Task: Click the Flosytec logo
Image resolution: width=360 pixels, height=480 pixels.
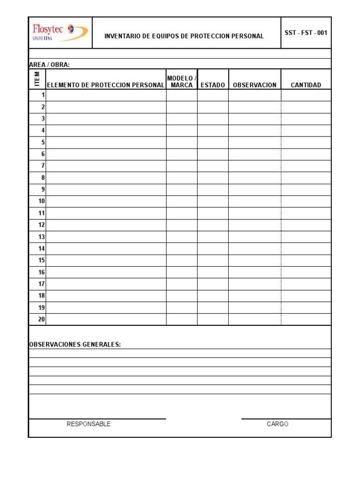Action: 59,32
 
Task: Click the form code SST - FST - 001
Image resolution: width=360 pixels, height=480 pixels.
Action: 306,33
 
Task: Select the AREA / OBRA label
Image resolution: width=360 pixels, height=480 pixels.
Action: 49,65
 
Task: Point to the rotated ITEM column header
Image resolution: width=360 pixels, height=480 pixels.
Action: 37,79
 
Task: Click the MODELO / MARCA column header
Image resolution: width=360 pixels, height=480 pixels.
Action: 182,81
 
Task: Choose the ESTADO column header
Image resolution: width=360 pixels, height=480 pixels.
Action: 213,85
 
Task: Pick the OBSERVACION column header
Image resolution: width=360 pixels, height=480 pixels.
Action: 255,85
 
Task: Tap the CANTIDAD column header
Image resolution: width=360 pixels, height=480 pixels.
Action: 306,85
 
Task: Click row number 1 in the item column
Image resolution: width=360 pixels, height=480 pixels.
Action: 43,95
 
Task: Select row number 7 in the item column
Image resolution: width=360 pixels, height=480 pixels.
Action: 43,166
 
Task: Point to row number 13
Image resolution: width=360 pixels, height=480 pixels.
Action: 42,237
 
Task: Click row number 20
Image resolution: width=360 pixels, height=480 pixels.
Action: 42,319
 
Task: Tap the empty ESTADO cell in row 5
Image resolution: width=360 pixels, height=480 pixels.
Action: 213,142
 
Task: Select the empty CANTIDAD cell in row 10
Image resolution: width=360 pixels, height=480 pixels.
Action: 306,201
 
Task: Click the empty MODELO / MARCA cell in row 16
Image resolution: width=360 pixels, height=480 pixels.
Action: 182,272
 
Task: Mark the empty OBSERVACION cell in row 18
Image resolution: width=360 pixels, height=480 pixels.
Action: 255,296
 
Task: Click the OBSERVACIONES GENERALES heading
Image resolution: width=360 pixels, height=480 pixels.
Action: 75,345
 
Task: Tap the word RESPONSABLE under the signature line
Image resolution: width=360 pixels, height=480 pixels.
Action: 89,424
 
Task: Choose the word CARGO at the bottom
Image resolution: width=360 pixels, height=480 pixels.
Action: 277,424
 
